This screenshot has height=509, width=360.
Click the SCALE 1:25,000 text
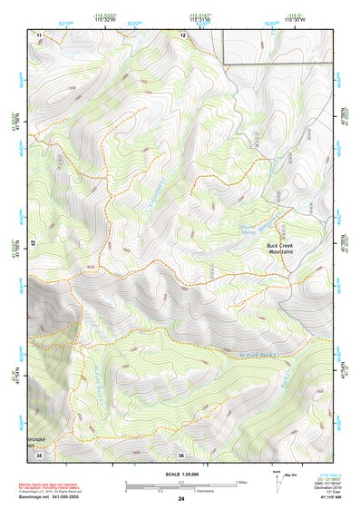click(x=180, y=474)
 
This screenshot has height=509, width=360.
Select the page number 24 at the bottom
click(x=180, y=499)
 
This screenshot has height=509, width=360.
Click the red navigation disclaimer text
click(x=62, y=486)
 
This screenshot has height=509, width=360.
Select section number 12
click(x=182, y=34)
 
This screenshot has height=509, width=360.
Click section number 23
click(x=33, y=243)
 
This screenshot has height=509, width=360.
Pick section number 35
click(x=38, y=455)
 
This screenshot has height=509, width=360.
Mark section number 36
click(x=181, y=455)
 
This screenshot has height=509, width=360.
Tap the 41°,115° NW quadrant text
click(x=322, y=499)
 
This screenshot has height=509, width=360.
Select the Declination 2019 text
click(x=320, y=487)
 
